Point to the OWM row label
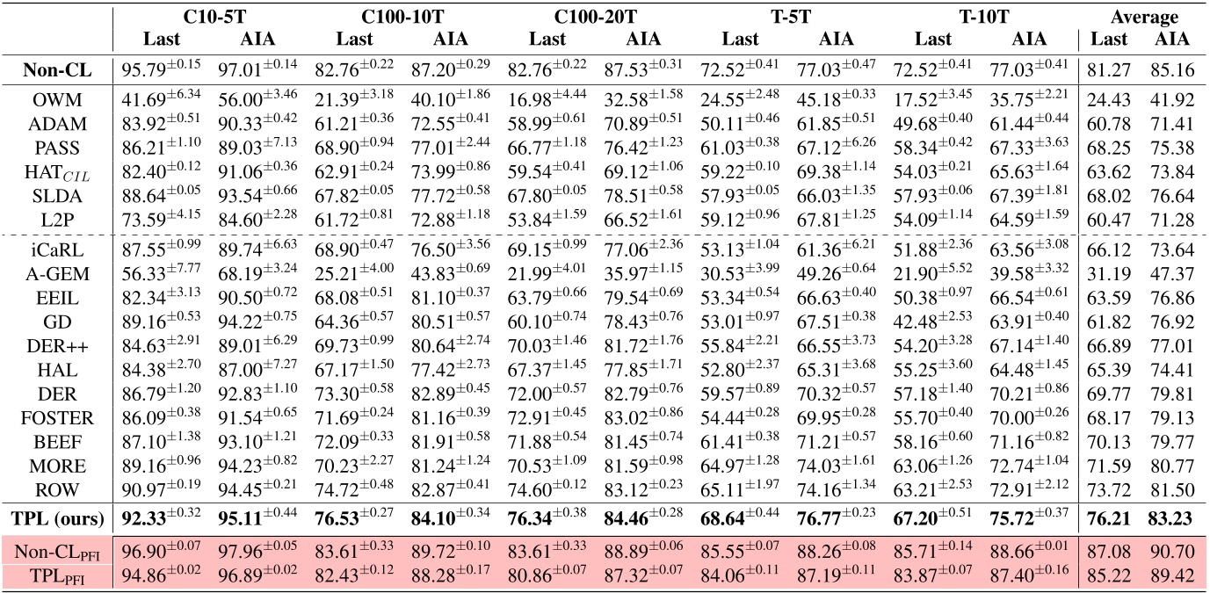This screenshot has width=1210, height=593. click(57, 100)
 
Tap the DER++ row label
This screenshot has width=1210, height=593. click(57, 346)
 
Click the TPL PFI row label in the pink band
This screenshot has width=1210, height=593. click(57, 576)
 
